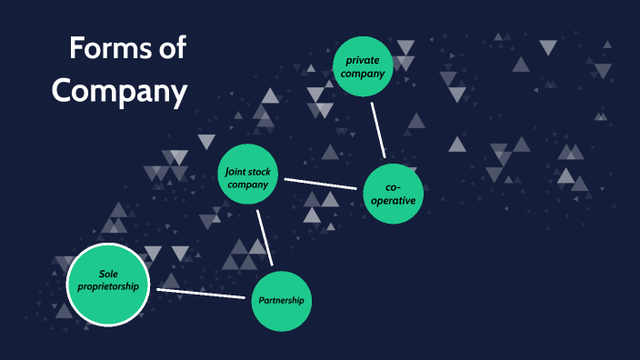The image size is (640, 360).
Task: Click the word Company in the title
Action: (x=119, y=90)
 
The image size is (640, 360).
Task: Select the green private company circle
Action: (x=363, y=65)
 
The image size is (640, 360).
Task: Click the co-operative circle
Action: (x=394, y=194)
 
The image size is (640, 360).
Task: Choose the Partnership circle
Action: (x=281, y=300)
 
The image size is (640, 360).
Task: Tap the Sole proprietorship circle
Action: (x=107, y=285)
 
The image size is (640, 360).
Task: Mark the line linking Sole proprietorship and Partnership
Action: (x=204, y=293)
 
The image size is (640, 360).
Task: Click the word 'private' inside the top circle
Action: (x=363, y=60)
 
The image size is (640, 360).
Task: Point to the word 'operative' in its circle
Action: (x=394, y=201)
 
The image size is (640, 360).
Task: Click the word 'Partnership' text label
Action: (x=281, y=301)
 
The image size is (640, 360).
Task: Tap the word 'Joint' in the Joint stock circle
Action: (x=235, y=169)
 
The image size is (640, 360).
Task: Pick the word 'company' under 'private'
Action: (x=363, y=73)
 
